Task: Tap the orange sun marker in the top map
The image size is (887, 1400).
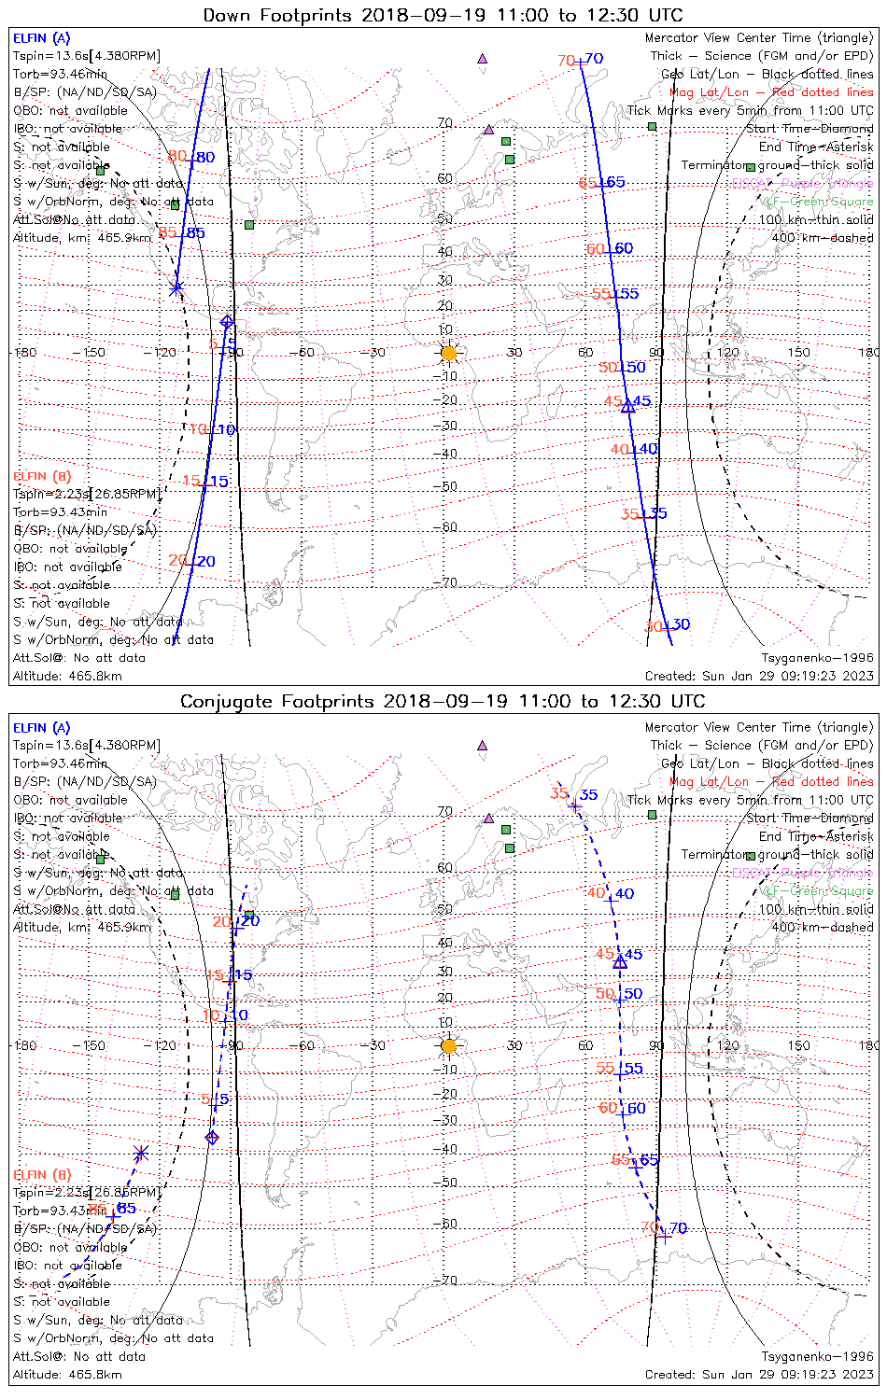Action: coord(449,353)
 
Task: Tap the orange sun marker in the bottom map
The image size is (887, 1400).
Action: coord(449,1046)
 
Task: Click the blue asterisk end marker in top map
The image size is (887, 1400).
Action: coord(176,288)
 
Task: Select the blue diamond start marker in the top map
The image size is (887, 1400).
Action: coord(227,322)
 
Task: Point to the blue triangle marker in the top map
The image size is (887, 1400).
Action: coord(628,406)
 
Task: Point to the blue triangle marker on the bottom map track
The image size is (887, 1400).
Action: coord(620,961)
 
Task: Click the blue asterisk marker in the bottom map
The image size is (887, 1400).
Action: coord(141,1154)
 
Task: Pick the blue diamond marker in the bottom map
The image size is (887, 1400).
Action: coord(212,1137)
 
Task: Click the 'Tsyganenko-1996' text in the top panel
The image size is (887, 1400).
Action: coord(817,658)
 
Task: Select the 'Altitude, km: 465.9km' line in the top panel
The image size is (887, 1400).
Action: coord(82,238)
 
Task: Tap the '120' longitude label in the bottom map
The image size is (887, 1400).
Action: coord(728,1045)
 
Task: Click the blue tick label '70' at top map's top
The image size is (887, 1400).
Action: coord(594,59)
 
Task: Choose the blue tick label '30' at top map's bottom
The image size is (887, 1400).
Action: coord(680,624)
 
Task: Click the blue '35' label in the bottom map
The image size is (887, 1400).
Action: coord(588,795)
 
